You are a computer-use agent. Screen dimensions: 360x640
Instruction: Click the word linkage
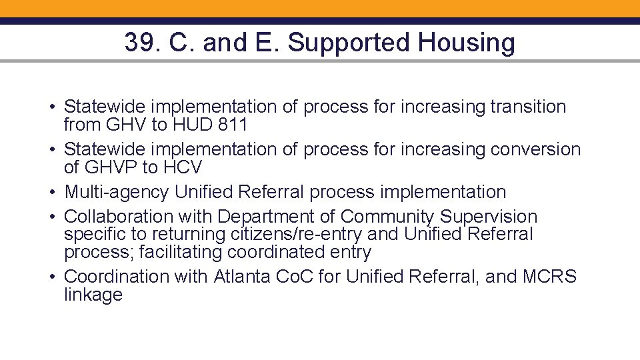point(93,295)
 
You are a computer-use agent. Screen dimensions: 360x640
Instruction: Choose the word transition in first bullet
point(528,107)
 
